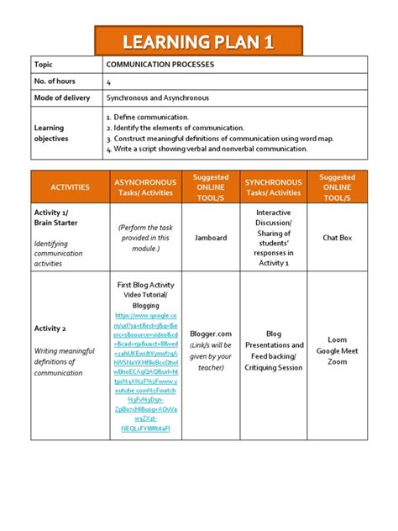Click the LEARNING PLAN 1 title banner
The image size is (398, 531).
(x=199, y=41)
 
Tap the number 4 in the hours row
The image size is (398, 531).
(x=108, y=81)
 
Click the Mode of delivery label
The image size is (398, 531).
(x=60, y=98)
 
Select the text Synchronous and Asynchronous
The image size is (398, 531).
(x=157, y=98)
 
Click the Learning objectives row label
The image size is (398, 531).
(x=51, y=133)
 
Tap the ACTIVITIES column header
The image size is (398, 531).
(x=70, y=187)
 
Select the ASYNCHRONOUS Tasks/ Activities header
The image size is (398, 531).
(x=145, y=187)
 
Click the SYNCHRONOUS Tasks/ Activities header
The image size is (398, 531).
(x=273, y=187)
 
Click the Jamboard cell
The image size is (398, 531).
(x=210, y=238)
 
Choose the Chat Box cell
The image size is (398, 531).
(x=338, y=238)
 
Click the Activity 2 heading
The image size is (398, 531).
(x=50, y=329)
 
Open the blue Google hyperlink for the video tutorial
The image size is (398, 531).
(x=145, y=370)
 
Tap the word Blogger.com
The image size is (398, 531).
(x=210, y=334)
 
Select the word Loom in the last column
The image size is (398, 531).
(x=338, y=341)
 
